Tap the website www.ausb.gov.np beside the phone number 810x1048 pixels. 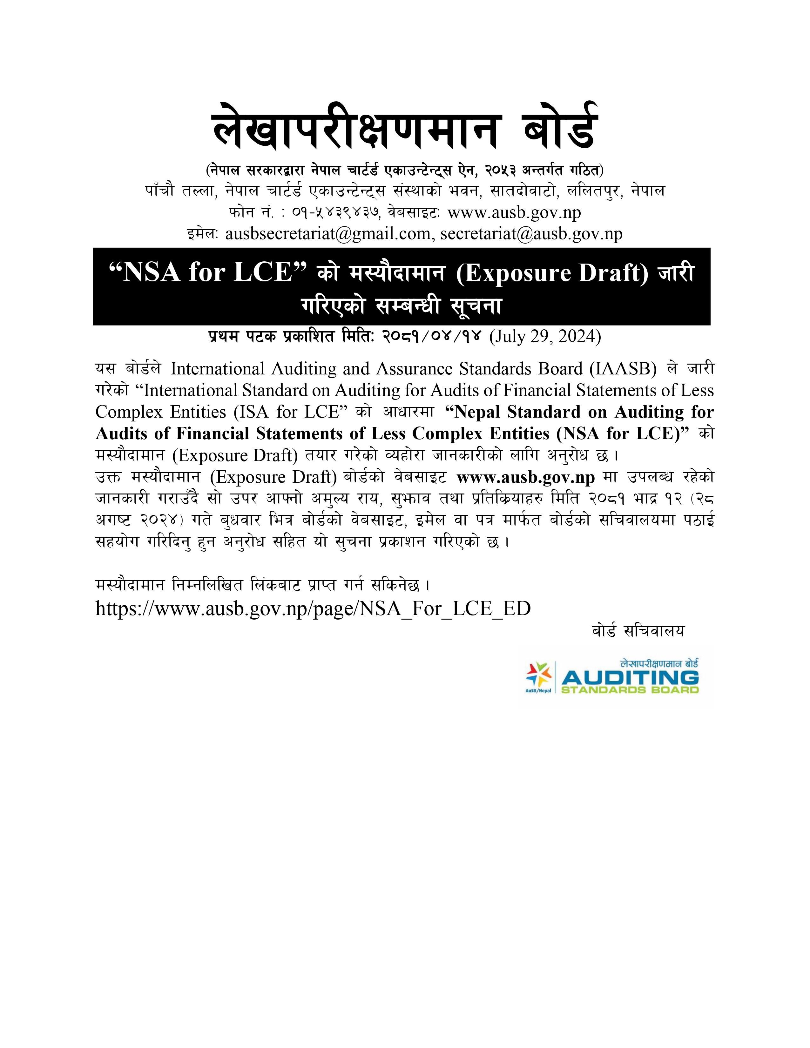pyautogui.click(x=514, y=212)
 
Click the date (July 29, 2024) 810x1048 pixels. pyautogui.click(x=545, y=336)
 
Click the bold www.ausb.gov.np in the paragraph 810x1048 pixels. pyautogui.click(x=525, y=477)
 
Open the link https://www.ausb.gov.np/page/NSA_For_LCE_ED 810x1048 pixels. pyautogui.click(x=313, y=608)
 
